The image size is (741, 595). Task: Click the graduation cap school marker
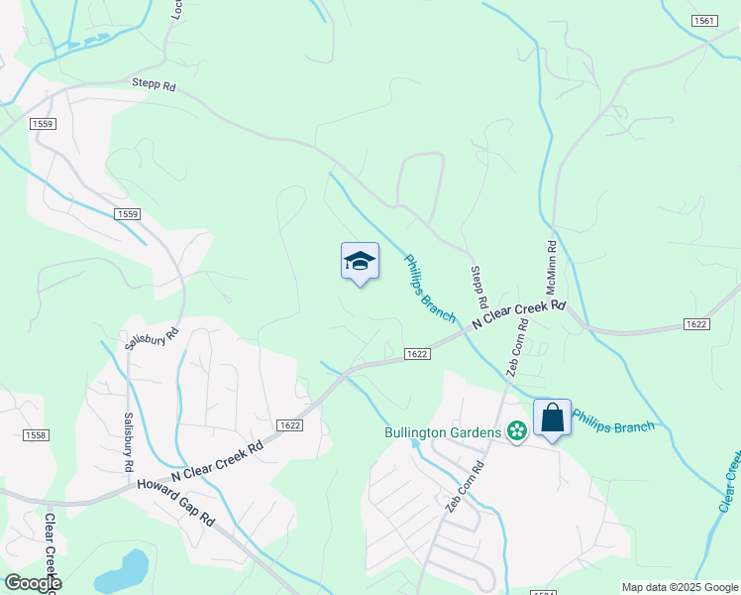(x=360, y=261)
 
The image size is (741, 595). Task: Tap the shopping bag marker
(x=552, y=417)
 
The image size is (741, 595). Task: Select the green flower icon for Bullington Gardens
(x=516, y=430)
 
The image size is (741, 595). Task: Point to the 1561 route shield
(x=704, y=21)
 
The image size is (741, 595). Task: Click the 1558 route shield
(x=36, y=435)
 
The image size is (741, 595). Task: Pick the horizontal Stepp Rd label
(x=154, y=86)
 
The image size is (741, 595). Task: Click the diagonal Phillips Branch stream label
(x=429, y=289)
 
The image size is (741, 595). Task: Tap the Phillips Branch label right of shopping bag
(x=614, y=420)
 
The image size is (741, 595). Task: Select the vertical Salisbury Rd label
(x=128, y=441)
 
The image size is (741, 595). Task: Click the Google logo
(x=32, y=583)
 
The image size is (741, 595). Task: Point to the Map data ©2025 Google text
(x=680, y=587)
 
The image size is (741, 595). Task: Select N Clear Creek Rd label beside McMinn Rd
(x=518, y=315)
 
